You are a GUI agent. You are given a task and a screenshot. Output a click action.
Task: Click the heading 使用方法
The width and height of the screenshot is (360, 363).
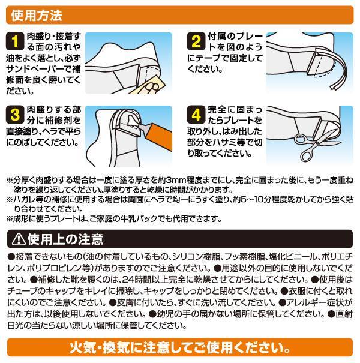point(37,15)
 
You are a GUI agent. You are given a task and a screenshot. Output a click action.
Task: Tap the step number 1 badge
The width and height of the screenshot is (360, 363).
point(15,41)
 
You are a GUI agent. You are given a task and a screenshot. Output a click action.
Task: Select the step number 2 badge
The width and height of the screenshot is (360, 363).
point(196,41)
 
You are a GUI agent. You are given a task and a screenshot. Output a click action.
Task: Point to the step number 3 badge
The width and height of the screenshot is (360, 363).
point(15,115)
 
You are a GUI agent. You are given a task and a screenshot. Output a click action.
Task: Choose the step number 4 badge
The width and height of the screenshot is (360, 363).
point(196,115)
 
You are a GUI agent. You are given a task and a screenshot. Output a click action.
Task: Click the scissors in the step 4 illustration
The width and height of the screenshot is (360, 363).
point(315,145)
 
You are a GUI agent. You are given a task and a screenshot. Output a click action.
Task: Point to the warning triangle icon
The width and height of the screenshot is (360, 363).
point(19,239)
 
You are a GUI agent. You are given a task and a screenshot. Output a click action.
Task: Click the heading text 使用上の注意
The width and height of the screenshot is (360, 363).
point(65,239)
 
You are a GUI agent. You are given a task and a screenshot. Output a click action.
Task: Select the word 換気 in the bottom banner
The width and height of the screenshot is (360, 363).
point(116,348)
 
